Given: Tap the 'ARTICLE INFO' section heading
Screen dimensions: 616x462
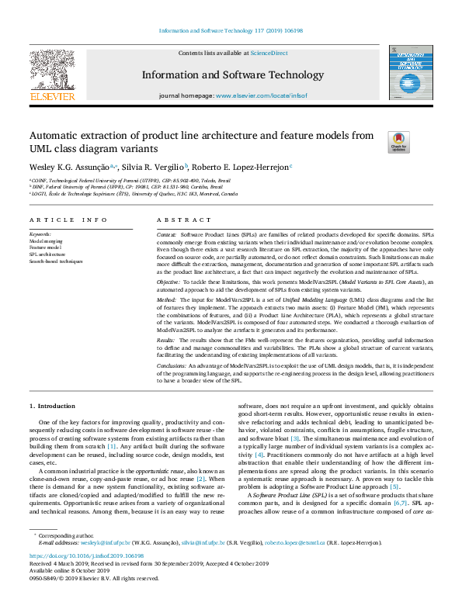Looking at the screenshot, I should (x=68, y=220).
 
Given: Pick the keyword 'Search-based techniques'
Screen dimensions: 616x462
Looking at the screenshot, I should (x=55, y=262).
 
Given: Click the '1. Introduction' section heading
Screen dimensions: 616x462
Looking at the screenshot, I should (x=52, y=406).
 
